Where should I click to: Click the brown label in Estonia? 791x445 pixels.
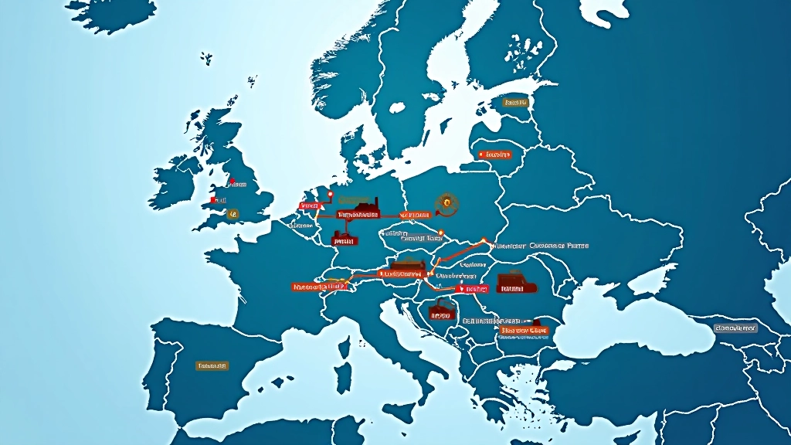tap(514, 102)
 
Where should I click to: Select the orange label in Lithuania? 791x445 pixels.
tap(495, 155)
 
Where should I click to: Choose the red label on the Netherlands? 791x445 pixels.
tap(309, 206)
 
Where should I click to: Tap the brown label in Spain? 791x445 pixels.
tap(212, 365)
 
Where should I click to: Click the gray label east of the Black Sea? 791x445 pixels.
tap(735, 328)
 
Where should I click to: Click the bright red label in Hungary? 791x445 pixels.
tap(472, 289)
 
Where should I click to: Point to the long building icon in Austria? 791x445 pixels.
tap(408, 270)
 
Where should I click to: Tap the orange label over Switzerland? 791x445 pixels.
tap(318, 287)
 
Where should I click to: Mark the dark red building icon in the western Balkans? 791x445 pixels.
tap(440, 311)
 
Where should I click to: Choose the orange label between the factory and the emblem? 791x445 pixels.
tap(414, 214)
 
